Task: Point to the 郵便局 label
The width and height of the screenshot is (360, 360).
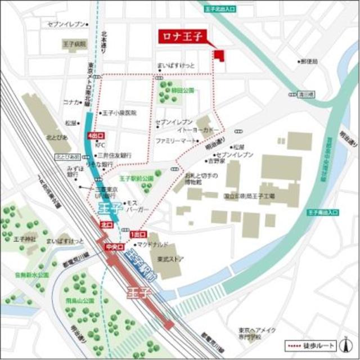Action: pyautogui.click(x=309, y=61)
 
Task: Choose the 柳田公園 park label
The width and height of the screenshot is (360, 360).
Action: pyautogui.click(x=183, y=90)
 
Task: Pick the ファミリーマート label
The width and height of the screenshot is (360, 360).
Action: pyautogui.click(x=177, y=139)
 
